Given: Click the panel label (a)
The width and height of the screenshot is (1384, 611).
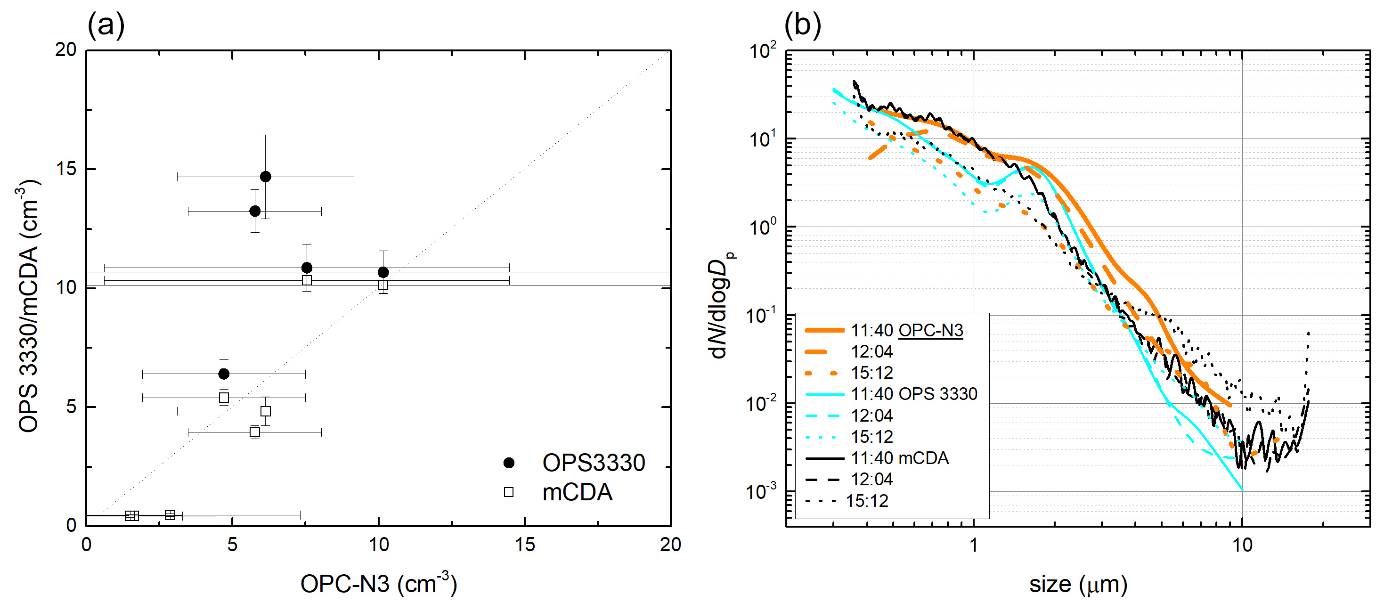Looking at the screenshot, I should point(106,24).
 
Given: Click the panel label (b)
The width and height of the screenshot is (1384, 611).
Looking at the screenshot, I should point(802,24).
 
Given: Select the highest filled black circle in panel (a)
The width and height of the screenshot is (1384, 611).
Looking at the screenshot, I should point(265,177).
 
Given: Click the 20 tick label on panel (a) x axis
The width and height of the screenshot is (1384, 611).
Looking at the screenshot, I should point(670,545).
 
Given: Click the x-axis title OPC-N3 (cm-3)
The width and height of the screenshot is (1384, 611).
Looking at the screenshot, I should point(378,584).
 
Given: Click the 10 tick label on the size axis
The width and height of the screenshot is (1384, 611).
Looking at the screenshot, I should point(1242,546).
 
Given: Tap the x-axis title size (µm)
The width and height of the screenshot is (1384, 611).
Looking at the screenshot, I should point(1078,584).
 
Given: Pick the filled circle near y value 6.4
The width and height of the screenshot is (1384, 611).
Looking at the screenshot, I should point(224,374).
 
